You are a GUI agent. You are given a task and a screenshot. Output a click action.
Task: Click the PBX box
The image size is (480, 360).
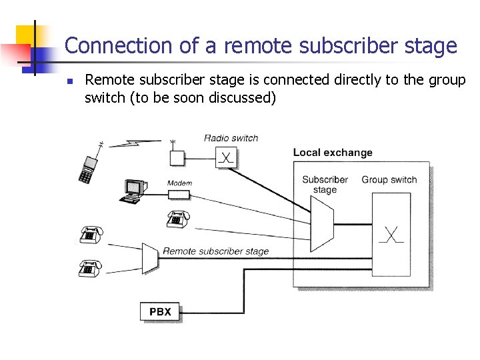[160, 311]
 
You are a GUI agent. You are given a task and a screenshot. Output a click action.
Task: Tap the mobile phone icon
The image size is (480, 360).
[87, 169]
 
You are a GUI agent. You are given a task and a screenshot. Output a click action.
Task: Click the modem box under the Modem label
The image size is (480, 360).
[179, 194]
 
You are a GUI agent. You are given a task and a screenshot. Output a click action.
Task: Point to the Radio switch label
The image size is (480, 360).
[231, 138]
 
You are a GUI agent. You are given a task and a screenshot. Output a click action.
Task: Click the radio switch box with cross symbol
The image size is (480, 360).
[227, 157]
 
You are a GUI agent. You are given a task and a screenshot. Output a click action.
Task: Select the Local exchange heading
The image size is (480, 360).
[333, 152]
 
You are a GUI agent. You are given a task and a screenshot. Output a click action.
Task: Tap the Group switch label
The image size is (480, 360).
[389, 179]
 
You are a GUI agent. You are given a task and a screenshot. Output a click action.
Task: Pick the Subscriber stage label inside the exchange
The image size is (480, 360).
[325, 185]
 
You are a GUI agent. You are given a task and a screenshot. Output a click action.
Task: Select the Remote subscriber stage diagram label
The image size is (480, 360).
[215, 251]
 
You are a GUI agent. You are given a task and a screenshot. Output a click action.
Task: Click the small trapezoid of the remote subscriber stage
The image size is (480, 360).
[150, 257]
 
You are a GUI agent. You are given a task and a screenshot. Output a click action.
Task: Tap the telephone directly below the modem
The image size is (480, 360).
[177, 218]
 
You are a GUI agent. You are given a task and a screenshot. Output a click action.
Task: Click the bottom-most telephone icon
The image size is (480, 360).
[90, 268]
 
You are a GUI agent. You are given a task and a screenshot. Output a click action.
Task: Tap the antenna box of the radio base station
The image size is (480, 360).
[177, 158]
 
